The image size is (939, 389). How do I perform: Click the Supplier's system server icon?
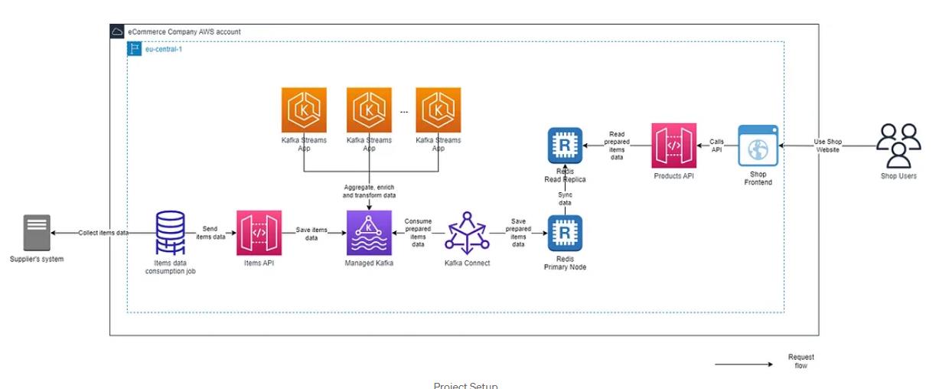[37, 233]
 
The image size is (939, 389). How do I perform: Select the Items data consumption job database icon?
[170, 233]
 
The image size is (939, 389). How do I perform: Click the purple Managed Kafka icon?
[369, 233]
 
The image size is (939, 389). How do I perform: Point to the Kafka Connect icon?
[467, 233]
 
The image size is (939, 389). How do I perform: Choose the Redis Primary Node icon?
[565, 233]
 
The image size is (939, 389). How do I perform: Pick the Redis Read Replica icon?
[565, 145]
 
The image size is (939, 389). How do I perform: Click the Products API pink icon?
[674, 145]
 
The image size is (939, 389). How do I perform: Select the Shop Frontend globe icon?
[758, 145]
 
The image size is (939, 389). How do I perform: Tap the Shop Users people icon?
[898, 145]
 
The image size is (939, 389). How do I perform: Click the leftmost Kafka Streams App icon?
[304, 110]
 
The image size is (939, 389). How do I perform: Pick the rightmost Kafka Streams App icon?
[439, 110]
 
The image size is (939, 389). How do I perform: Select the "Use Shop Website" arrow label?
[827, 145]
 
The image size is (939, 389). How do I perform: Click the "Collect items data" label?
[103, 233]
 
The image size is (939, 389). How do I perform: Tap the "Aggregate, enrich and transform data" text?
[369, 191]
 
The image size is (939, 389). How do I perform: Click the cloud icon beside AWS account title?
[117, 31]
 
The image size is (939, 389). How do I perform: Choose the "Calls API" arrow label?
[716, 145]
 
